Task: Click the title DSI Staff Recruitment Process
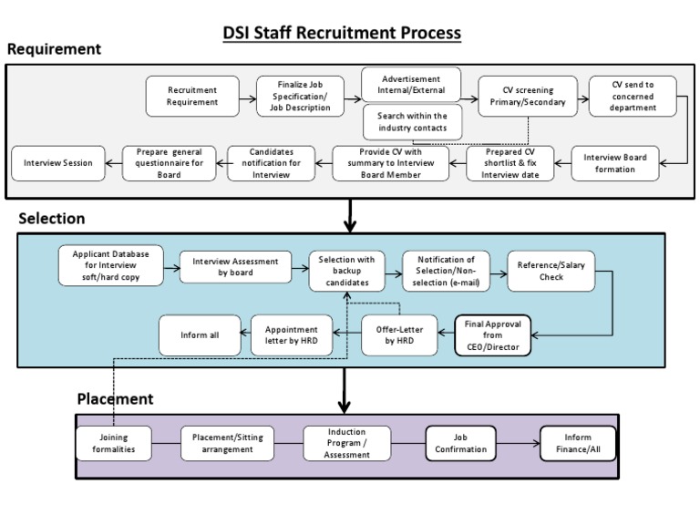(x=342, y=33)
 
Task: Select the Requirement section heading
(x=55, y=49)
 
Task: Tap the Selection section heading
(x=52, y=219)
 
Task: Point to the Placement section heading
(x=115, y=398)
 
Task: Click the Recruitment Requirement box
(x=192, y=97)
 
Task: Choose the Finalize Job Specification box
(x=301, y=96)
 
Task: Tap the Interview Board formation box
(x=615, y=163)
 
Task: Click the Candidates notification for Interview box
(x=271, y=163)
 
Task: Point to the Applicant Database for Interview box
(x=110, y=264)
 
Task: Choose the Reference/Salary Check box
(x=551, y=271)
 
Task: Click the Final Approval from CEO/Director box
(x=492, y=335)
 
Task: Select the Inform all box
(x=201, y=335)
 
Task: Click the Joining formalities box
(x=114, y=443)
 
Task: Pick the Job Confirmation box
(x=463, y=443)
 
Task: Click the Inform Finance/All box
(x=578, y=443)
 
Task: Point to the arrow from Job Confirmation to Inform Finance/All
(x=520, y=444)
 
